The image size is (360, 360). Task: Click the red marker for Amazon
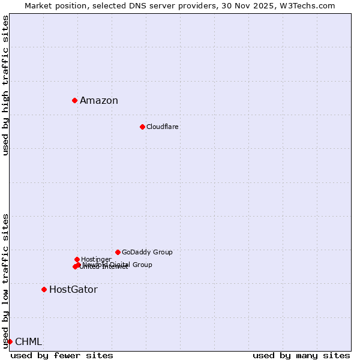point(74,100)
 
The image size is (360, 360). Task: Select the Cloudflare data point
point(142,127)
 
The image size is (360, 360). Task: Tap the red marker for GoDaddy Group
point(118,252)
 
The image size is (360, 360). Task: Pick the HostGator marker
point(44,289)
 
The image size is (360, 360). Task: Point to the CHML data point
point(10,341)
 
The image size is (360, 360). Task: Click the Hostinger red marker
point(77,259)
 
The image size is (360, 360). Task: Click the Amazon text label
point(99,101)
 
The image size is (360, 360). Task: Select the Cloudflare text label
point(163,127)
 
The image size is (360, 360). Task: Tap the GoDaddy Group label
point(147,252)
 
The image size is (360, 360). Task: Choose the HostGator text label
point(73,290)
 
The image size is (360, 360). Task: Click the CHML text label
point(29,342)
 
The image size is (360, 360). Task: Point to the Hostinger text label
point(96,259)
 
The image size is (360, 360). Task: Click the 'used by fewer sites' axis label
point(62,355)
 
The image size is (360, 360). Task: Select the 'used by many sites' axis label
point(301,355)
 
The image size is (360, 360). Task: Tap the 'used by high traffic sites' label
point(5,85)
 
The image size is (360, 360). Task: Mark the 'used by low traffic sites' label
point(5,281)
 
